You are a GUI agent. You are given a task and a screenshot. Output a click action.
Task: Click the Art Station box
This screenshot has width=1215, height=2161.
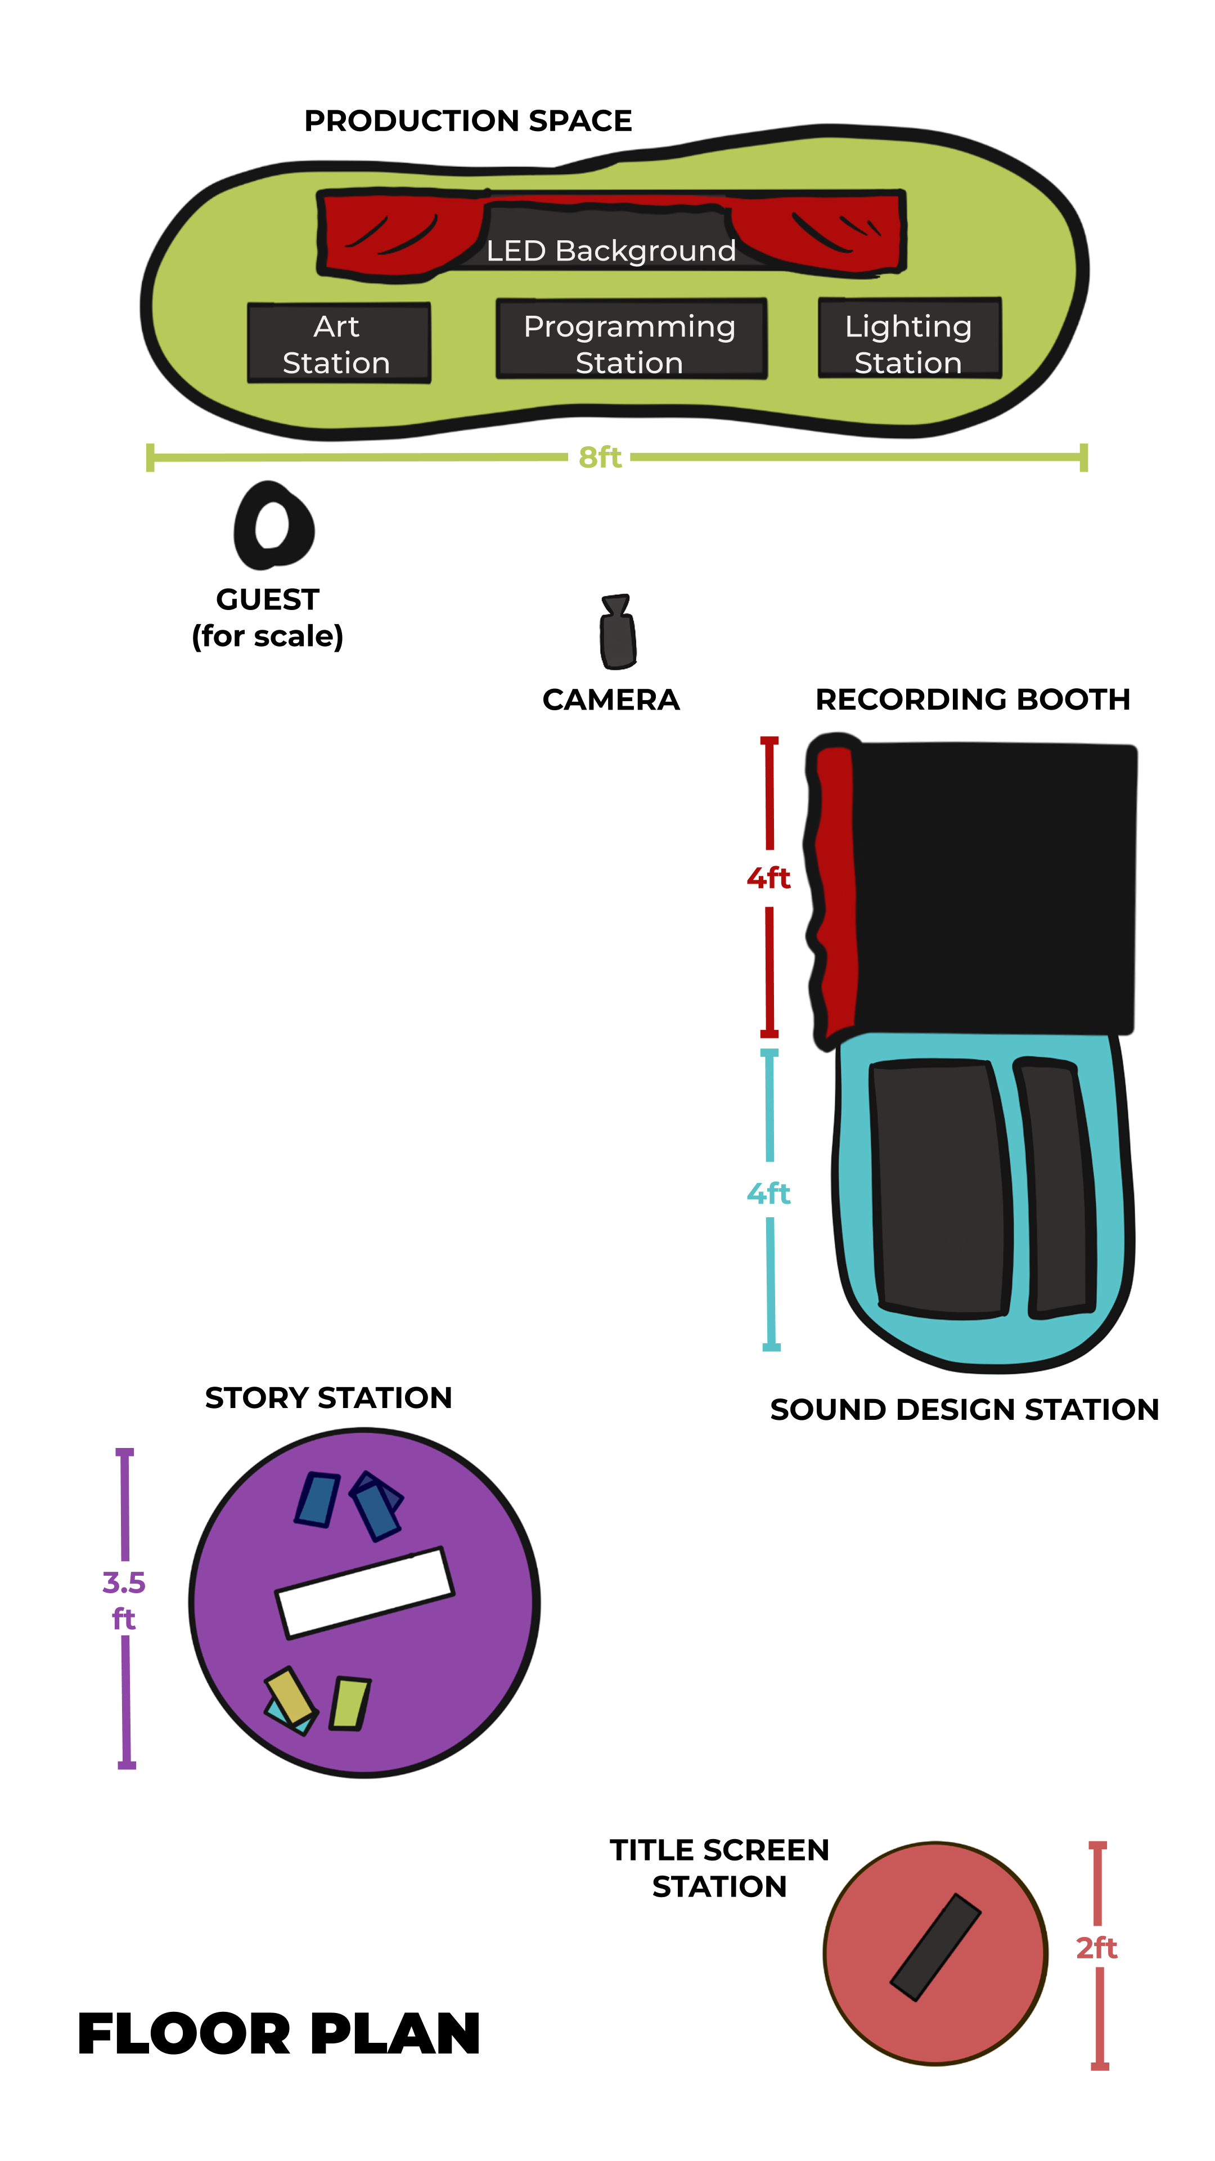[x=339, y=343]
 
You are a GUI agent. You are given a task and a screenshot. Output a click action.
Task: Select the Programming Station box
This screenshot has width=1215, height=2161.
[x=631, y=339]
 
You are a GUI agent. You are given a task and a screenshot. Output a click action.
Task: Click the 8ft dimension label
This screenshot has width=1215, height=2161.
[x=600, y=457]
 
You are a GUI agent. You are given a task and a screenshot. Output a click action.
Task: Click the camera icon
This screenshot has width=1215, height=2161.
[x=618, y=631]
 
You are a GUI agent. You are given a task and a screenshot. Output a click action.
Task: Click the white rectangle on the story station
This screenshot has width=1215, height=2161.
[x=364, y=1592]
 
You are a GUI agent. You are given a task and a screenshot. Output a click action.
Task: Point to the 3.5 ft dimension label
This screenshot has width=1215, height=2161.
[x=124, y=1600]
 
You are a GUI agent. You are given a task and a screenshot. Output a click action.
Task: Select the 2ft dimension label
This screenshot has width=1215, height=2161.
[x=1097, y=1948]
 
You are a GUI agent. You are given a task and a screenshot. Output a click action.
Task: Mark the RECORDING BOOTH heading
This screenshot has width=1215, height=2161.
[x=973, y=699]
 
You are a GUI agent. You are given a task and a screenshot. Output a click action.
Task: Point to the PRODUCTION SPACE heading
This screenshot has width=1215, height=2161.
[x=468, y=121]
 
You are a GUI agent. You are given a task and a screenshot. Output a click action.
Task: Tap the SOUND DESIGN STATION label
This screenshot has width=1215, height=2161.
[x=964, y=1409]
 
